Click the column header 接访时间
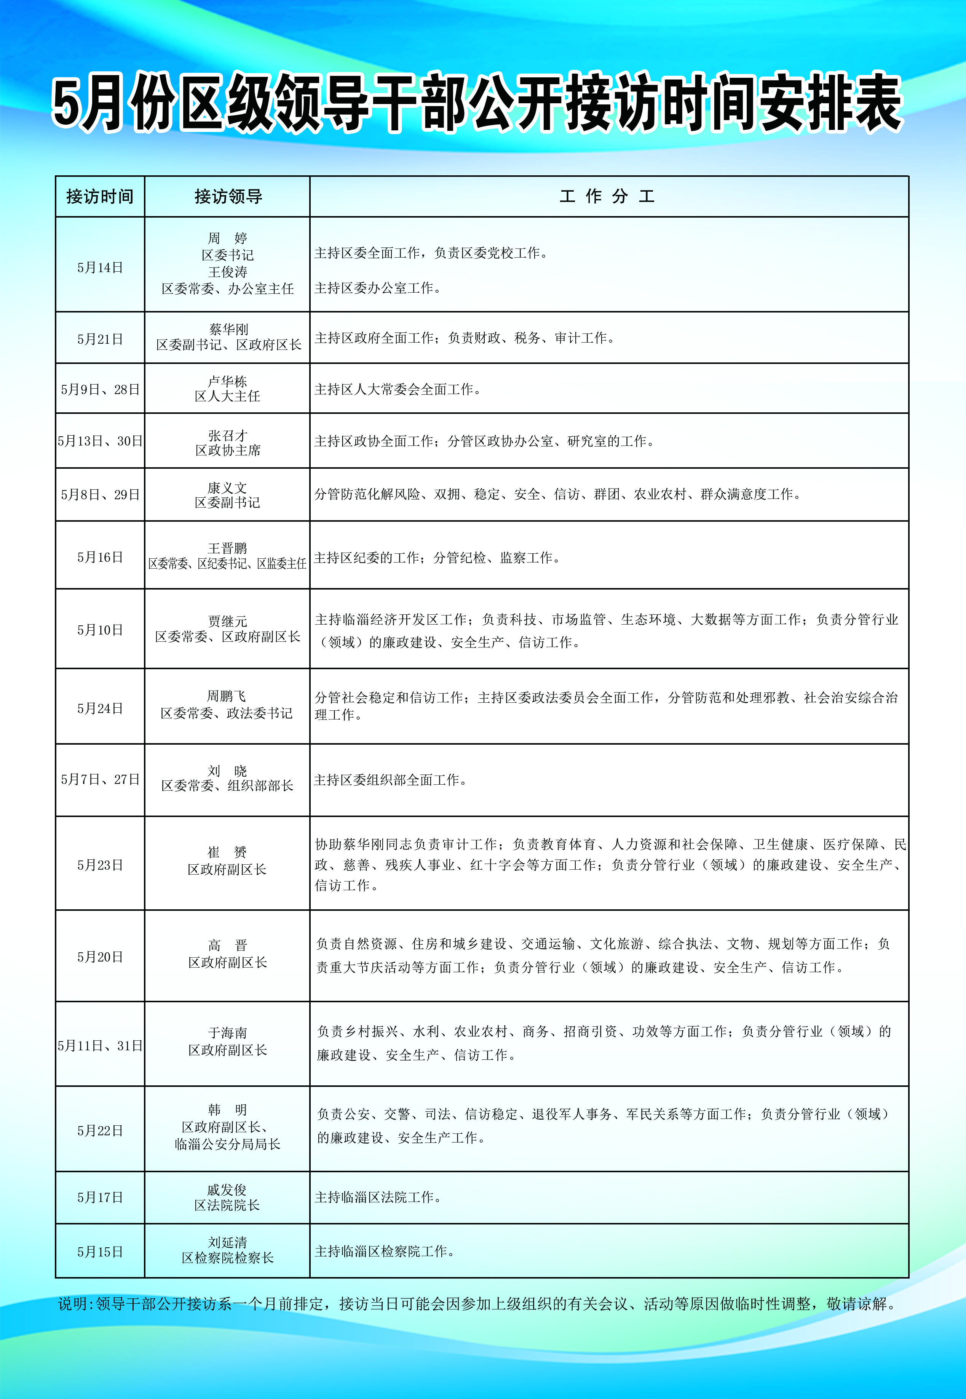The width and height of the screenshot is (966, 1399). coord(100,196)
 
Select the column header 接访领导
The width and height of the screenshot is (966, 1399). coord(228,196)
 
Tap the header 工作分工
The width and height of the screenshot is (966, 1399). coord(607,196)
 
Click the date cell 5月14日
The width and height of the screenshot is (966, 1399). coord(100,268)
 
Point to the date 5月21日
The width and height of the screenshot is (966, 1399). coord(100,339)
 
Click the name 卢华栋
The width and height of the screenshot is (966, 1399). coord(228,381)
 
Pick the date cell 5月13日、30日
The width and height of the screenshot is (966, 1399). coord(100,441)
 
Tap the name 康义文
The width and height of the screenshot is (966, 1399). coord(228,487)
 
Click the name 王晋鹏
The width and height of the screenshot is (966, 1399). coord(228,548)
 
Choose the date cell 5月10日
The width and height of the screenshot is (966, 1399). coord(100,630)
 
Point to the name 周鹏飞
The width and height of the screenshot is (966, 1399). coord(227,696)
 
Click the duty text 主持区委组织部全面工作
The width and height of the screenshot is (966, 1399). coord(390,780)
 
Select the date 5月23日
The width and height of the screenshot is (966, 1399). coord(100,865)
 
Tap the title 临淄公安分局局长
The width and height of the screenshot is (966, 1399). coord(228,1144)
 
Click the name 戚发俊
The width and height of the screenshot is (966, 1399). coord(227,1190)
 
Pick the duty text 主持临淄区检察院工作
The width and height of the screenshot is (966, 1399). coord(384,1251)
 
